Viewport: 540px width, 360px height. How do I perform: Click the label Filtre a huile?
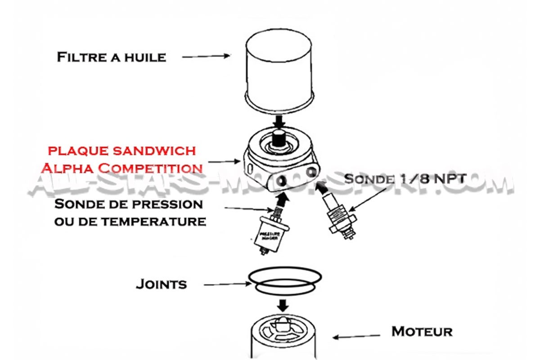[111, 57]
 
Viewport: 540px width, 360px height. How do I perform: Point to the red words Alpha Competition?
[121, 168]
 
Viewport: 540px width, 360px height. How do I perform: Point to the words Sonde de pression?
[129, 204]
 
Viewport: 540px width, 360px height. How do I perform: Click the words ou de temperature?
[130, 221]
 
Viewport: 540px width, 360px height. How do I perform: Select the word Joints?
[161, 284]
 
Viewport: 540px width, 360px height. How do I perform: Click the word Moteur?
[422, 332]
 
